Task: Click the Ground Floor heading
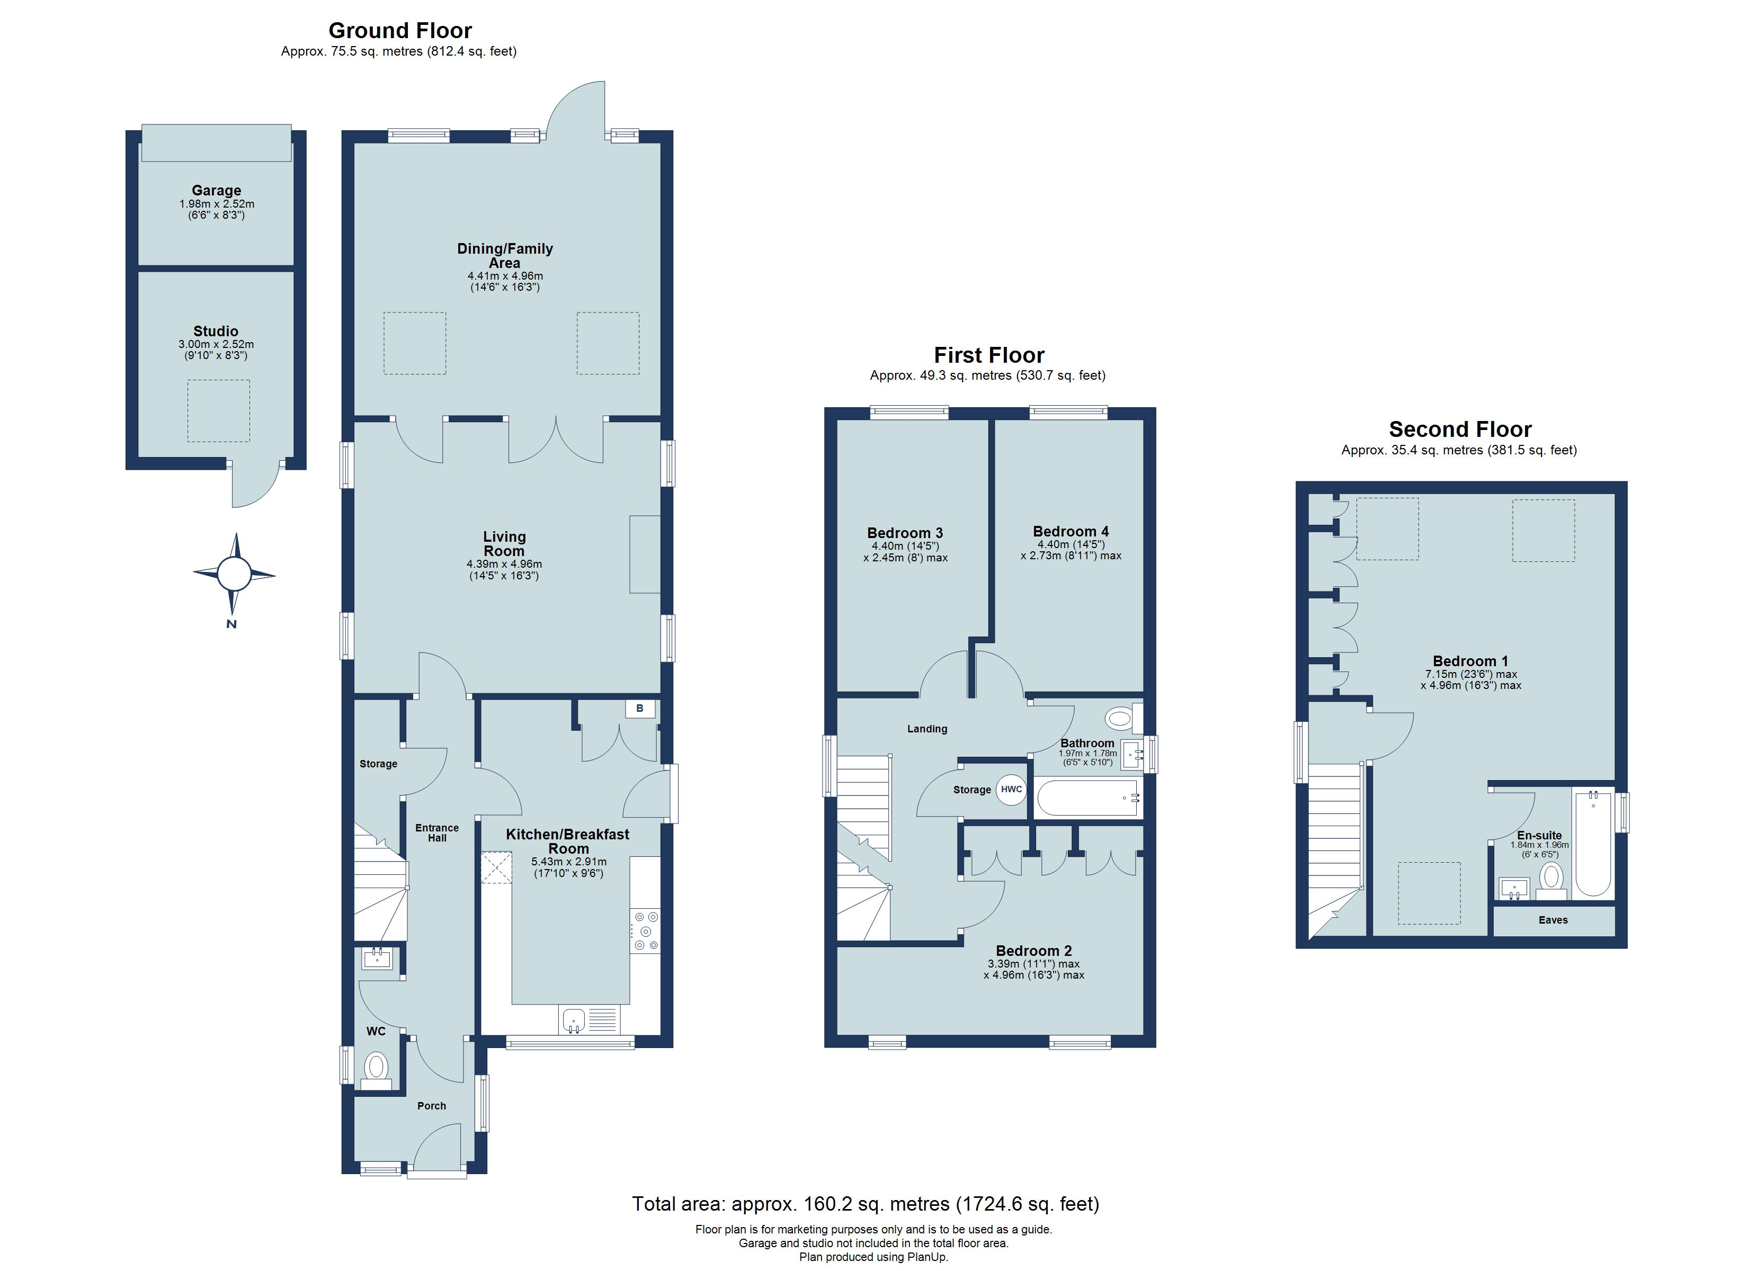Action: [399, 31]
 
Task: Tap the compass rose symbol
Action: [234, 574]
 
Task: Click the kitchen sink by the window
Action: [573, 1021]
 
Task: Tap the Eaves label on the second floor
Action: [1553, 920]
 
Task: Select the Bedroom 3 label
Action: [905, 533]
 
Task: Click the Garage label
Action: [217, 190]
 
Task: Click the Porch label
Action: [432, 1106]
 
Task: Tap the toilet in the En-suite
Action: [1551, 878]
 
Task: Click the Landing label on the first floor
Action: [927, 729]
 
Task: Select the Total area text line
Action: [866, 1204]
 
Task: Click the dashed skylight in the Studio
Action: [219, 411]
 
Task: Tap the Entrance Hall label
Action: [437, 833]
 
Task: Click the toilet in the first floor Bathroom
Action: [1119, 718]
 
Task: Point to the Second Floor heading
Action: [1460, 429]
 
